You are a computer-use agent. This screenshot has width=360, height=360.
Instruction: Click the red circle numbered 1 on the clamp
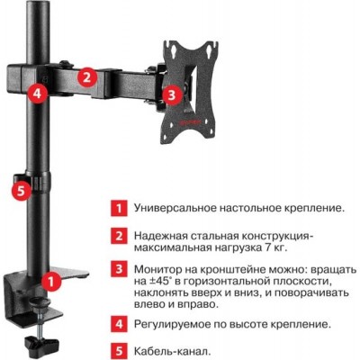[x=51, y=282]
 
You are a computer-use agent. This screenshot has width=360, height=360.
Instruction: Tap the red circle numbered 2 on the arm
[x=86, y=77]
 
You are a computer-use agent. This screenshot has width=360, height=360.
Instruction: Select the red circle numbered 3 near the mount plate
[x=172, y=94]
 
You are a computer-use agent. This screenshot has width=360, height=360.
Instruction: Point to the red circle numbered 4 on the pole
[x=37, y=94]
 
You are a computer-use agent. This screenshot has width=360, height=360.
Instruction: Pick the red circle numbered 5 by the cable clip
[x=21, y=191]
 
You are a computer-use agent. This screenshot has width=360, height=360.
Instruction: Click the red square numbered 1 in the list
[x=119, y=208]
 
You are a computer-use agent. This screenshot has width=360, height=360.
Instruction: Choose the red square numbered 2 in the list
[x=119, y=236]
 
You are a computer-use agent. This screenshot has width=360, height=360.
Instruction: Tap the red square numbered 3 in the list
[x=119, y=268]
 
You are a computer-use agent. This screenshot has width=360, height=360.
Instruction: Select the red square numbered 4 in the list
[x=119, y=324]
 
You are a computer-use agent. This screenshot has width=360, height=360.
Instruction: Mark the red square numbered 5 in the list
[x=119, y=350]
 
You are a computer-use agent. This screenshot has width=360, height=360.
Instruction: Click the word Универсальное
[x=175, y=209]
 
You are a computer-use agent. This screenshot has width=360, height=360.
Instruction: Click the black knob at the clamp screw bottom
[x=40, y=342]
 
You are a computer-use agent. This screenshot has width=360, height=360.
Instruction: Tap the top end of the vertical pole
[x=38, y=2]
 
